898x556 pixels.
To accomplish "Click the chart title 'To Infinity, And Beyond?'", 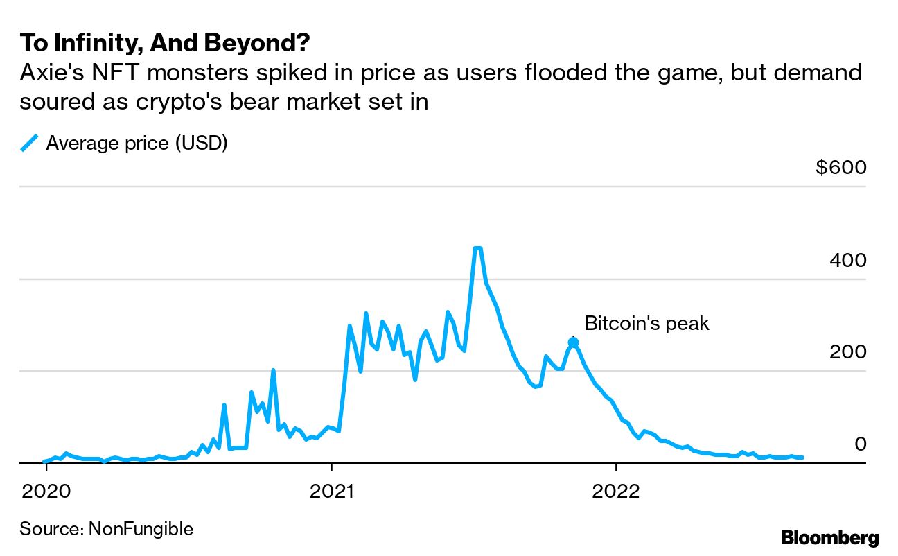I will pos(164,43).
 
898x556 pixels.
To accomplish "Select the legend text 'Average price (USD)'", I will pos(137,144).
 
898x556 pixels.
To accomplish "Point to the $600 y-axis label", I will pos(841,168).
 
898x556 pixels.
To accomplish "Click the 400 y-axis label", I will pos(848,261).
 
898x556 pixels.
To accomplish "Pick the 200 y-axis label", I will pos(848,352).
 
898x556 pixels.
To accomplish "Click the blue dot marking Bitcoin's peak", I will pos(573,342).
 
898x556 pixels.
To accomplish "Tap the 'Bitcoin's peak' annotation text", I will pos(646,323).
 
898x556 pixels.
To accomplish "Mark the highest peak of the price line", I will pos(477,248).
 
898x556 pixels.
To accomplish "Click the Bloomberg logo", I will pos(829,537).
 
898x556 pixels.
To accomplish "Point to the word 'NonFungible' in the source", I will pos(141,530).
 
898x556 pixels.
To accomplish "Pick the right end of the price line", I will pos(802,458).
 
